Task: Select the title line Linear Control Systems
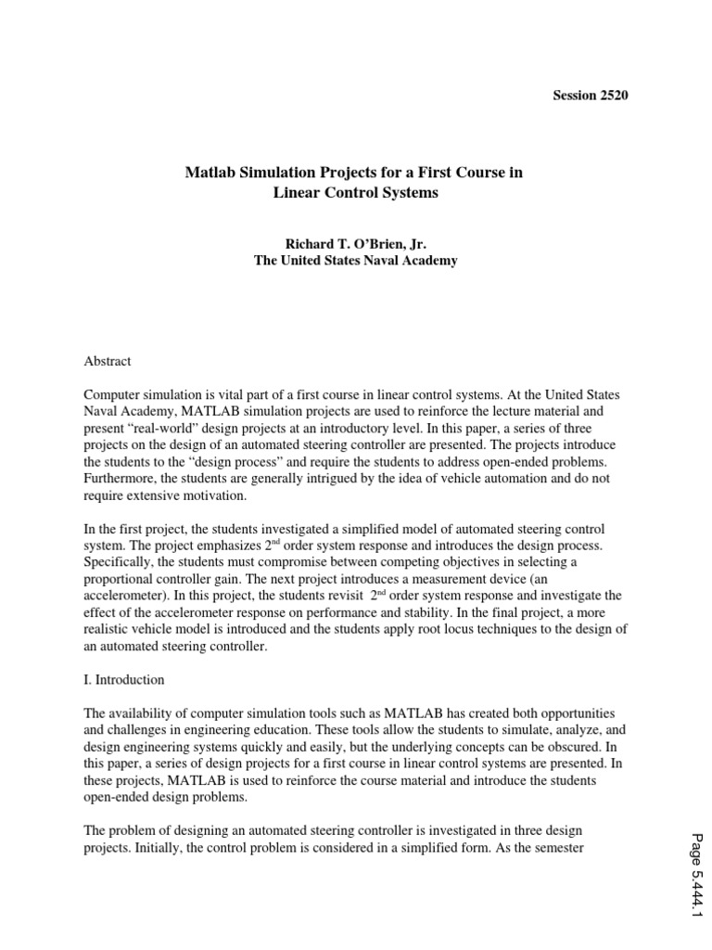[x=355, y=194]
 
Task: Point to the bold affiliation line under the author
[x=355, y=261]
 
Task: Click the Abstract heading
[x=108, y=361]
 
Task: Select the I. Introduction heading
[x=123, y=680]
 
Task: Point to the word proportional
[x=121, y=580]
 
